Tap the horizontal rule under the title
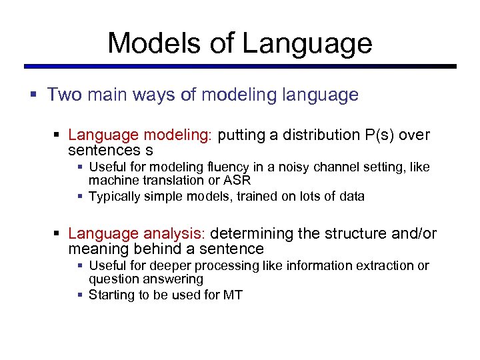click(240, 67)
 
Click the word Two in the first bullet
click(65, 95)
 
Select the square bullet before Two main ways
click(33, 95)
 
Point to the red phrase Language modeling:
click(139, 135)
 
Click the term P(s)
click(380, 135)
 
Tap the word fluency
click(205, 167)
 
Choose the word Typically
click(115, 196)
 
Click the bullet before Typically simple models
click(80, 197)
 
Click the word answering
click(174, 279)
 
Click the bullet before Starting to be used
click(80, 295)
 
